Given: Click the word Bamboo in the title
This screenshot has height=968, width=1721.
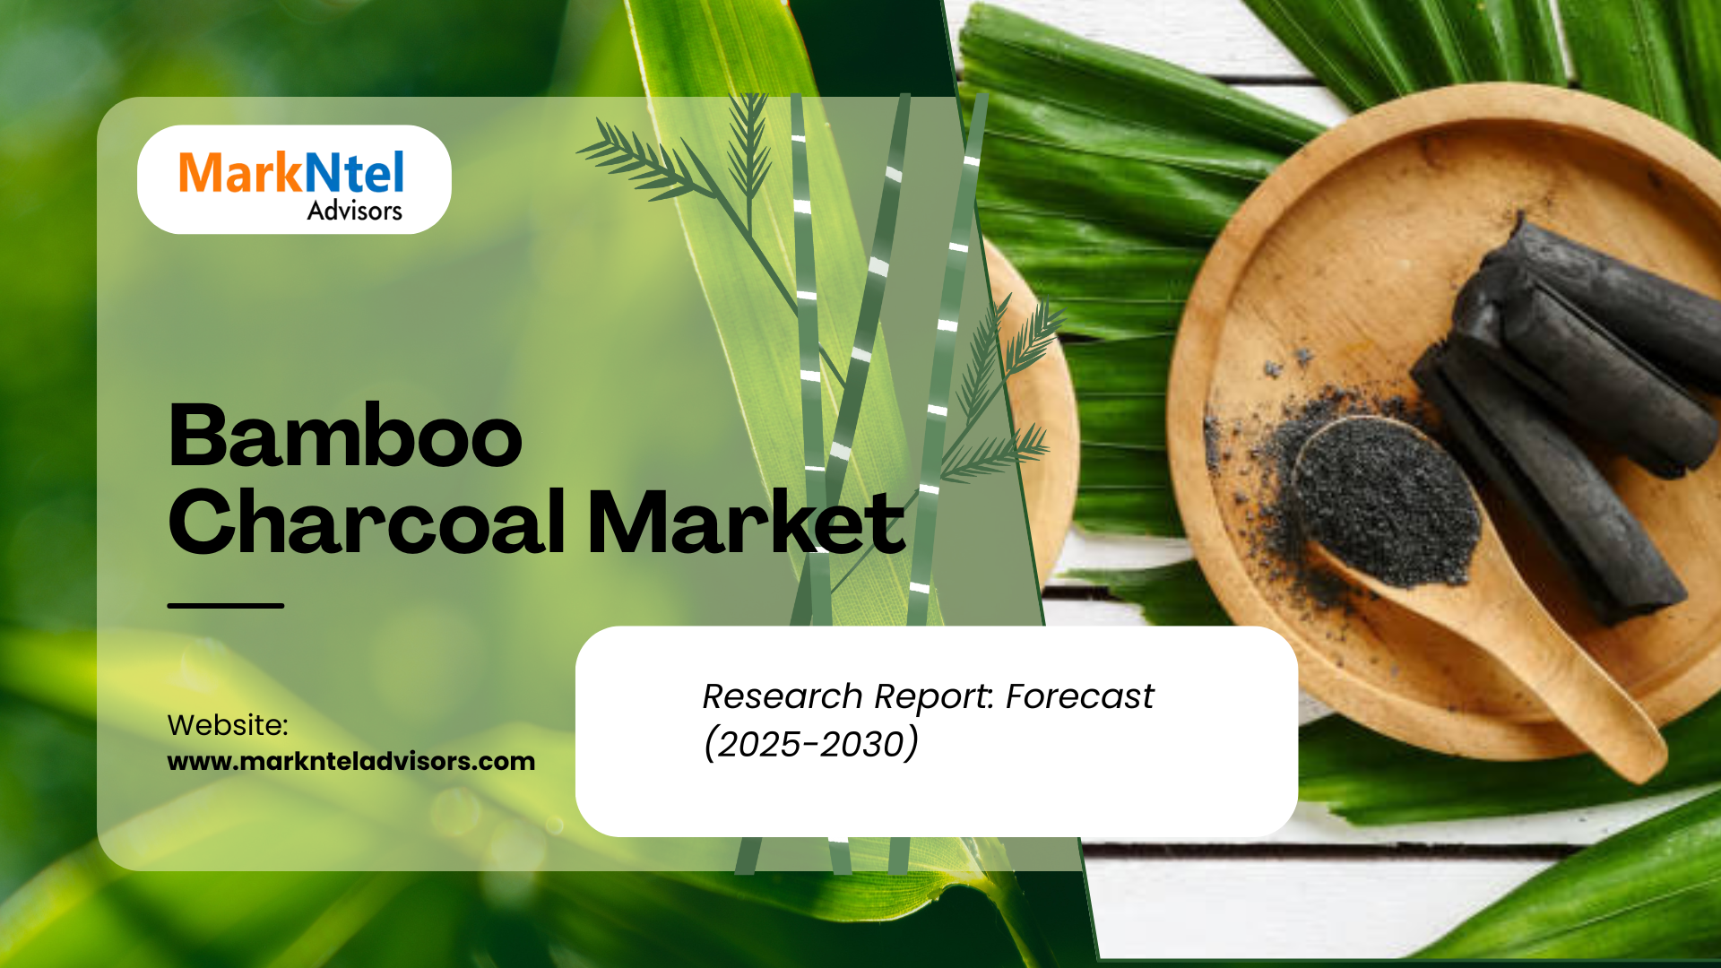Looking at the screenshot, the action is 345,436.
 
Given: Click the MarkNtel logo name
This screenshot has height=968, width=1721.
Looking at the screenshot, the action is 291,172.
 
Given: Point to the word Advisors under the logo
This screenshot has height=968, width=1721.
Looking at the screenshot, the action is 355,211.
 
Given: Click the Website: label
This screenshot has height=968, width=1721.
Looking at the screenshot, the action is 228,725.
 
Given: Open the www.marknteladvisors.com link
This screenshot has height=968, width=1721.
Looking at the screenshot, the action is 351,762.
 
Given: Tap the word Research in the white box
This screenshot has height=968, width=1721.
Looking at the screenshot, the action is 783,696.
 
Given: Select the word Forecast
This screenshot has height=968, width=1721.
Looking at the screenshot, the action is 1080,696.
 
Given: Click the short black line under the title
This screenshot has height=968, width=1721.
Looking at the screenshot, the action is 226,606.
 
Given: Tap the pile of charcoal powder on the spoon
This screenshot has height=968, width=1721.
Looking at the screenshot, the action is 1387,502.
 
